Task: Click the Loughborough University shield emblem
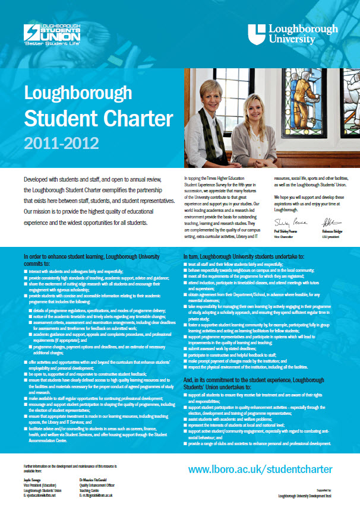pos(257,34)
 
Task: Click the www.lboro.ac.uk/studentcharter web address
pos(260,469)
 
